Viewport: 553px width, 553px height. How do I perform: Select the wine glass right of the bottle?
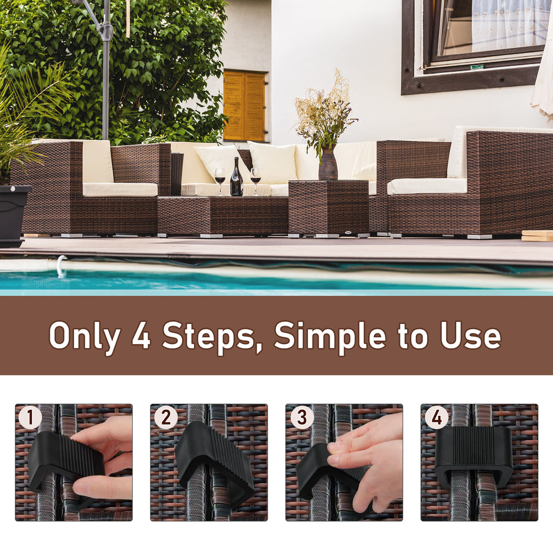255,179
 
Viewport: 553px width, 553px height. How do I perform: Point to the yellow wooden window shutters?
244,106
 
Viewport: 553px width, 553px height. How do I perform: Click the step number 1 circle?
30,418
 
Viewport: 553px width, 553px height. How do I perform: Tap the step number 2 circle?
165,418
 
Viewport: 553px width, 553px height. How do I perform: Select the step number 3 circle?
301,418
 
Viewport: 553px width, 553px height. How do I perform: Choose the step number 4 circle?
437,418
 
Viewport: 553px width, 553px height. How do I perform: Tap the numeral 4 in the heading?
142,336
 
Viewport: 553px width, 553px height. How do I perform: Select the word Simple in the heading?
329,336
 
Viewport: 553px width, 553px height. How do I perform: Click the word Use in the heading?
471,336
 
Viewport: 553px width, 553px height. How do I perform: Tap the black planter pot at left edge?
12,213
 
